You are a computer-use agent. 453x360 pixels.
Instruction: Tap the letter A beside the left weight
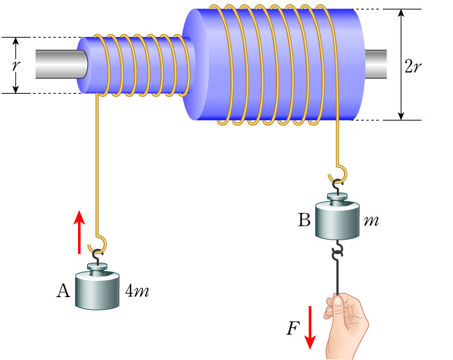[63, 291]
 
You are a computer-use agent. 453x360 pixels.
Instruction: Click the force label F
[293, 329]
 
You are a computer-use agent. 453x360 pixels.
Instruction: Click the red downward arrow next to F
[310, 327]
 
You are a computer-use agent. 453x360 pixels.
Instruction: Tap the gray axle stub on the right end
[375, 64]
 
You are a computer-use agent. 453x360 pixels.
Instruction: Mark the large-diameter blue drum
[278, 65]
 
